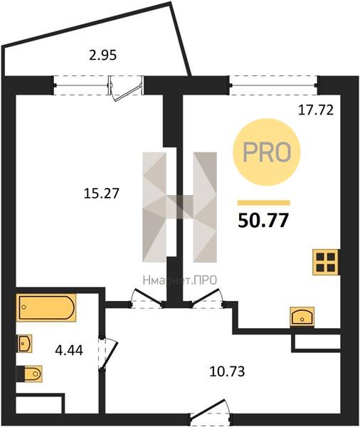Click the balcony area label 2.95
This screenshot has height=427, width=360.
point(103,56)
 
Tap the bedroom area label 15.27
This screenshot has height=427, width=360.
point(102,194)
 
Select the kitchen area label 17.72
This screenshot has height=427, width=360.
point(316,110)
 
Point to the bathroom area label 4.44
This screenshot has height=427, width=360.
point(69,350)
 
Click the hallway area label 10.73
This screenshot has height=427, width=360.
point(227,371)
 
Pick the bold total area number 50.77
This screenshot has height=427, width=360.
point(263,221)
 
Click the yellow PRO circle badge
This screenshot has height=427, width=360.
point(266,152)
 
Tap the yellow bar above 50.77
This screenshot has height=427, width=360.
point(264,203)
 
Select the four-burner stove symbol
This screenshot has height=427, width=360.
point(326,262)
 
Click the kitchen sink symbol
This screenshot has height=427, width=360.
point(302,316)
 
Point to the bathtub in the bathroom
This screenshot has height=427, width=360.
point(46,307)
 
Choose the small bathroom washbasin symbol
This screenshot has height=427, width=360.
point(24,343)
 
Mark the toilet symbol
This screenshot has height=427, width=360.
point(29,374)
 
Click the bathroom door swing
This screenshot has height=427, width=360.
point(108,354)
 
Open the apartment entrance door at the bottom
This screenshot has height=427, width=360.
point(211,413)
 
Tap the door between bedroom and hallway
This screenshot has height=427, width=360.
point(147,299)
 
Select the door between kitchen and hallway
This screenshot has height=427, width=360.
point(208,299)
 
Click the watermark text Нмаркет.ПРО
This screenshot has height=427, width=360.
point(180,280)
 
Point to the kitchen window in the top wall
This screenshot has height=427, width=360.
point(274,85)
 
